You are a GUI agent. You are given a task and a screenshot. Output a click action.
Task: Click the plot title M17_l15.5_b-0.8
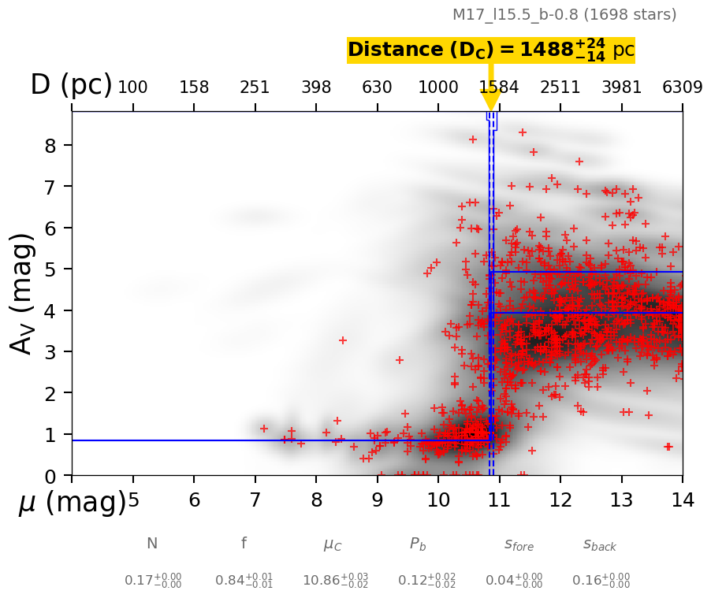(564, 15)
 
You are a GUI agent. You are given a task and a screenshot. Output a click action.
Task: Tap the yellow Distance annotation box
(490, 50)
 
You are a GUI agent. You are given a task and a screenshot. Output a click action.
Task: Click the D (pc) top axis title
(71, 85)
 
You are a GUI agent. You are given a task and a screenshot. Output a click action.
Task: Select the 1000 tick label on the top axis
(438, 87)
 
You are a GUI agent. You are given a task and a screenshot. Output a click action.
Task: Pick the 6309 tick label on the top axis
(682, 87)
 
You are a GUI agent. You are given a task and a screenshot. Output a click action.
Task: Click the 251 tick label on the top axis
(255, 87)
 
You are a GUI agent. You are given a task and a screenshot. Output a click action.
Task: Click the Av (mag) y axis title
(23, 292)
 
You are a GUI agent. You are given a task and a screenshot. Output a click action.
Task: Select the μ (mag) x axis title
(72, 503)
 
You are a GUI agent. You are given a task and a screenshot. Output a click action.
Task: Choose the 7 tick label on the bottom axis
(255, 500)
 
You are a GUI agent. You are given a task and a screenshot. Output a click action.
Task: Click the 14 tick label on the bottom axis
(682, 500)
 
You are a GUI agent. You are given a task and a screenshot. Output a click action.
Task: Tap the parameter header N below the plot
(152, 544)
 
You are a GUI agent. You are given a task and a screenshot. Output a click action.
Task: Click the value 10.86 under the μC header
(335, 581)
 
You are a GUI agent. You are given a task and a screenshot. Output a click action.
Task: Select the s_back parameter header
(600, 544)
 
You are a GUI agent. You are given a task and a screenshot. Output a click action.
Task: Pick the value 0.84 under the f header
(244, 581)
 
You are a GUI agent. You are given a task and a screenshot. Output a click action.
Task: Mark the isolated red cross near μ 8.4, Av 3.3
(343, 340)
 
